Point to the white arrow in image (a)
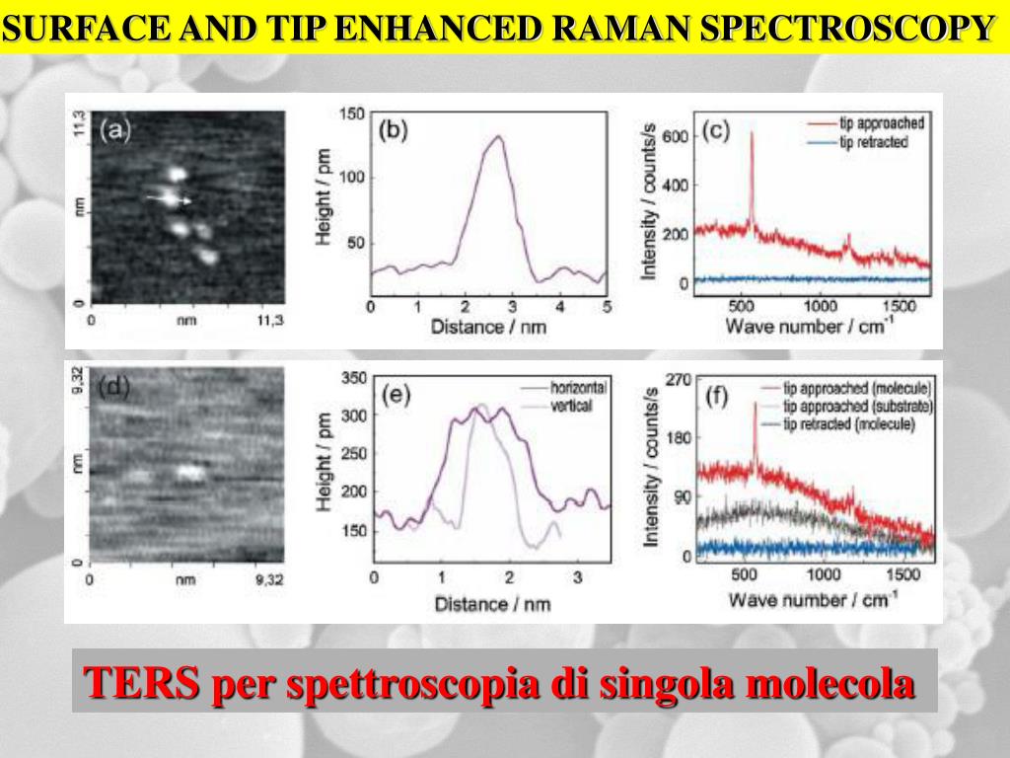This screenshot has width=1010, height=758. (170, 198)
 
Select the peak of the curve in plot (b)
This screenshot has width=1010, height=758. (498, 137)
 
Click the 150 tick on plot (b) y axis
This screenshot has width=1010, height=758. (351, 114)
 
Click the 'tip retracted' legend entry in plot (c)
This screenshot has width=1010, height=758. (872, 142)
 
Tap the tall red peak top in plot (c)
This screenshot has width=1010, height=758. (752, 133)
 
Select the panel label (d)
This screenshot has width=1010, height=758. (114, 386)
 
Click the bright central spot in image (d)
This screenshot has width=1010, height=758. (187, 472)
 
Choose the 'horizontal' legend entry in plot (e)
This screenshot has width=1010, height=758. (578, 388)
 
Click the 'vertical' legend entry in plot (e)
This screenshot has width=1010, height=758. (571, 406)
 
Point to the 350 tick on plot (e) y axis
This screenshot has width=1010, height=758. (352, 378)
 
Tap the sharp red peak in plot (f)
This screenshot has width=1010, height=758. (755, 405)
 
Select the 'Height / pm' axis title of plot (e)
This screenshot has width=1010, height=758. (324, 464)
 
